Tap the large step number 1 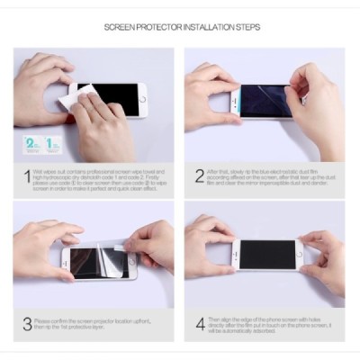[x=27, y=175]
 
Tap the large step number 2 [x=199, y=175]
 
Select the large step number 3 [x=27, y=323]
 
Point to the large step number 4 [x=199, y=323]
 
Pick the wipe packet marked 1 [x=53, y=143]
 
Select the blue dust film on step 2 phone [x=261, y=101]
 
